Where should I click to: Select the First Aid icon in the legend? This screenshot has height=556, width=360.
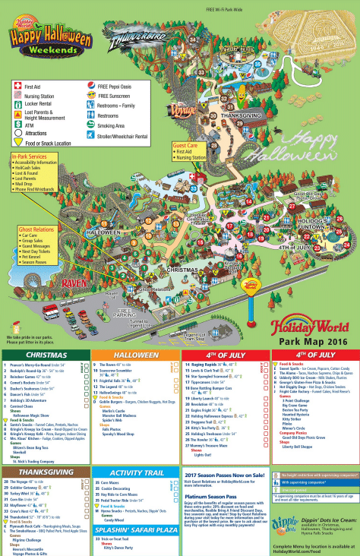(x=17, y=87)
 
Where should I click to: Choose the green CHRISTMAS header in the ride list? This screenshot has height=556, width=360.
(x=44, y=333)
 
